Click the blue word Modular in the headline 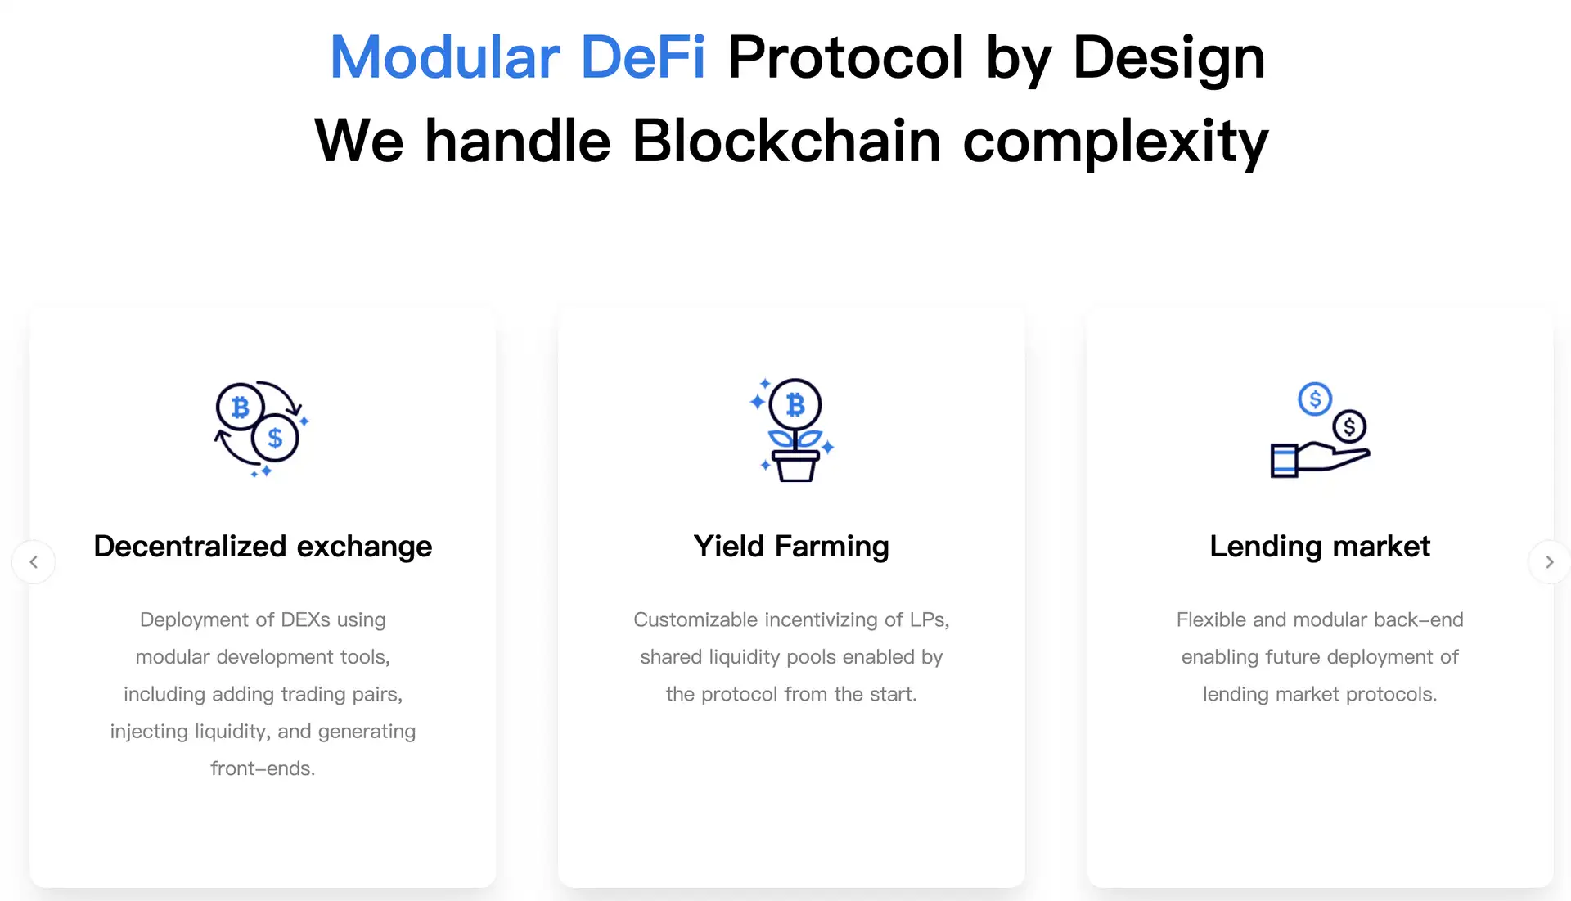[444, 58]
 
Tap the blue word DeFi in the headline [643, 58]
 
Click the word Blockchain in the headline [786, 141]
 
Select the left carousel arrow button [34, 562]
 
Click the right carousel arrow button [1549, 562]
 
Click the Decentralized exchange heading [263, 546]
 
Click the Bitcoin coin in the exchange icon [240, 407]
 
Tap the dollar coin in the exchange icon [275, 438]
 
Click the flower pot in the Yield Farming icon [795, 466]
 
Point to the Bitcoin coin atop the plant [795, 404]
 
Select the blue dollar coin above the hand [1315, 399]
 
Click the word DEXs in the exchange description [305, 619]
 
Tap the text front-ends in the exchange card [263, 768]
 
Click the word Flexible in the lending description [1212, 619]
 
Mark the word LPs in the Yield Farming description [930, 620]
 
